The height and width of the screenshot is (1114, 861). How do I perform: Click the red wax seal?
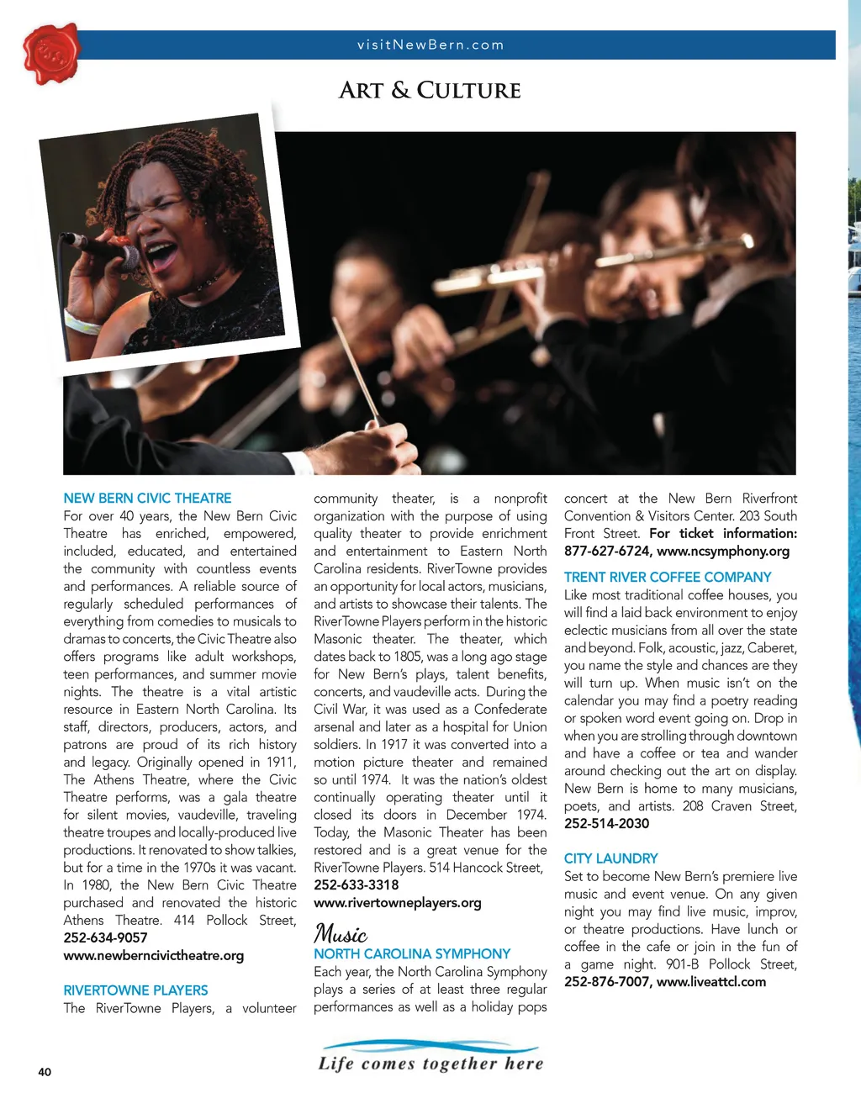pyautogui.click(x=51, y=54)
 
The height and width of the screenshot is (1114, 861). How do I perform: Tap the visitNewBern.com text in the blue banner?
pyautogui.click(x=430, y=45)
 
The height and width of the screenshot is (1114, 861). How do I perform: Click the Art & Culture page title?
pyautogui.click(x=430, y=91)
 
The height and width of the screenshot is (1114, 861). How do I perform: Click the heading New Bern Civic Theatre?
pyautogui.click(x=147, y=499)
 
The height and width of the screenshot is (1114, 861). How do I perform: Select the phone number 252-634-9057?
pyautogui.click(x=105, y=937)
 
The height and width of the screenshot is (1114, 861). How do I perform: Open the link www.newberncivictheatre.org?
pyautogui.click(x=154, y=955)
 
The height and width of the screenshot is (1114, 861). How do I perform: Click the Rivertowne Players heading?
pyautogui.click(x=135, y=990)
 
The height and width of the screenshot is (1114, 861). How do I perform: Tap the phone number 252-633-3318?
pyautogui.click(x=357, y=884)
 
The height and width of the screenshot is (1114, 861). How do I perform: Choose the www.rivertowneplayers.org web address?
pyautogui.click(x=398, y=902)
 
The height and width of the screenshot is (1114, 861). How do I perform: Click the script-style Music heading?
pyautogui.click(x=341, y=933)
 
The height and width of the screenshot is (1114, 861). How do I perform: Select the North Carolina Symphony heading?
pyautogui.click(x=412, y=953)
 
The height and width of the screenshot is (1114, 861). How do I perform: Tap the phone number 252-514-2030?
pyautogui.click(x=606, y=823)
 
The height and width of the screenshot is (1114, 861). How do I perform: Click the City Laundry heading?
pyautogui.click(x=610, y=858)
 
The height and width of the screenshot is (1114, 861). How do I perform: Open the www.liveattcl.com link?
pyautogui.click(x=711, y=981)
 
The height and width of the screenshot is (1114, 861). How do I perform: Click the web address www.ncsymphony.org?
pyautogui.click(x=723, y=551)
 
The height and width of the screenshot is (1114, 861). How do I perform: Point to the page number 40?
pyautogui.click(x=45, y=1072)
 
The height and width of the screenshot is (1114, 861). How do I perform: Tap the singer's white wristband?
pyautogui.click(x=82, y=323)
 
